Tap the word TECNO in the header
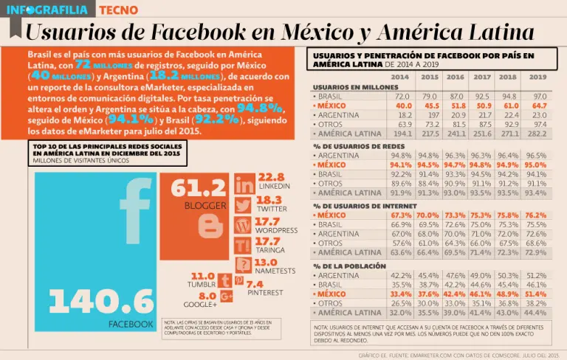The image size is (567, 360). click(x=117, y=10)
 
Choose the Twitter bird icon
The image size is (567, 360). click(x=244, y=205)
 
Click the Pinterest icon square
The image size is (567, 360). click(x=239, y=280)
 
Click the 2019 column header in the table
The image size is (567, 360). click(x=538, y=77)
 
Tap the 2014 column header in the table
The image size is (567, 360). click(x=400, y=77)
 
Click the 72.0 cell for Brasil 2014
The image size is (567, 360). click(x=402, y=96)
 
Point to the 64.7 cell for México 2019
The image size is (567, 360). click(x=538, y=105)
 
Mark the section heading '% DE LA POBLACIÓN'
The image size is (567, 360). click(x=349, y=266)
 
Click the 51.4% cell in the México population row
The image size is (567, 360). click(x=536, y=294)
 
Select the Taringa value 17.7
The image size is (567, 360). click(x=267, y=241)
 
